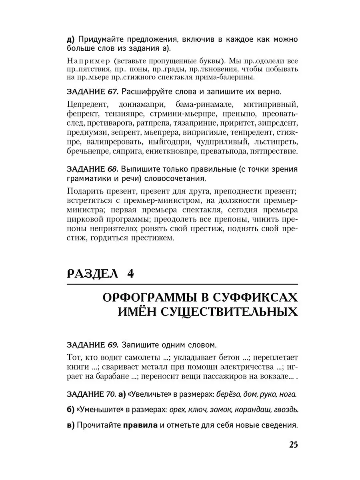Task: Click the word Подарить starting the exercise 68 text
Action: coord(85,190)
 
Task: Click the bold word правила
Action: coord(140,425)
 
